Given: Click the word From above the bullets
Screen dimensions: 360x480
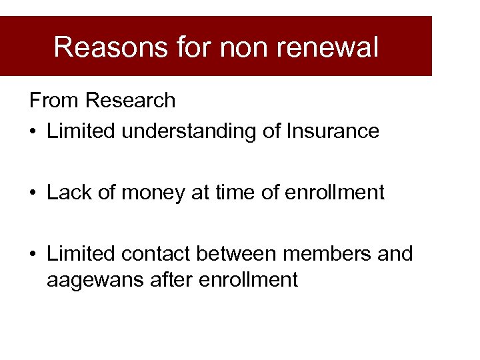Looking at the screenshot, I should pyautogui.click(x=54, y=101).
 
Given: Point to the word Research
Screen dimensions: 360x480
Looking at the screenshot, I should pyautogui.click(x=131, y=101).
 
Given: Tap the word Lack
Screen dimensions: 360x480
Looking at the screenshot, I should pyautogui.click(x=68, y=193).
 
